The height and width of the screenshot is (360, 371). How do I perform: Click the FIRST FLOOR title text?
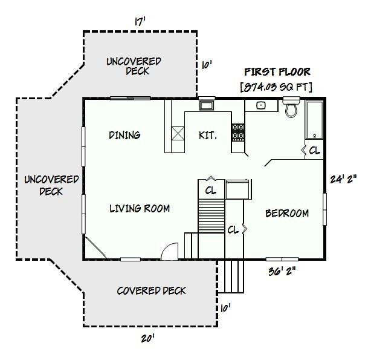277,72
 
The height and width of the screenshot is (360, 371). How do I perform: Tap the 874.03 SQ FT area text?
277,87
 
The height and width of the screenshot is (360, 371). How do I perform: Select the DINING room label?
124,135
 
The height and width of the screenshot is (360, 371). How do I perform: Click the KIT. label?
207,135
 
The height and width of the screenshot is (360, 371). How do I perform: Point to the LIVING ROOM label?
140,209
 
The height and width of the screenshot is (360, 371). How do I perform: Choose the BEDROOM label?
287,214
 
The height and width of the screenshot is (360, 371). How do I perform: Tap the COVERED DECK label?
151,291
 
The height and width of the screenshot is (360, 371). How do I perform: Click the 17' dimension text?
140,22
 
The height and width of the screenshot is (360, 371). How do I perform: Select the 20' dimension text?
147,339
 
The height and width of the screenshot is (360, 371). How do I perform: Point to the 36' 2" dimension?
281,272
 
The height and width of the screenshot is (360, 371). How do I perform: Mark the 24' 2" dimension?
344,179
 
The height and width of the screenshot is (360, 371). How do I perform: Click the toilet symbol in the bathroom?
291,110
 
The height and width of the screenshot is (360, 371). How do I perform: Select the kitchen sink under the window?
207,106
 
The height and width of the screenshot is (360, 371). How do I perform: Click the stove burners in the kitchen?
238,133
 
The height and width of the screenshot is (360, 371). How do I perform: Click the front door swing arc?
170,250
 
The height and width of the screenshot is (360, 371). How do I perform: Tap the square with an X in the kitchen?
179,133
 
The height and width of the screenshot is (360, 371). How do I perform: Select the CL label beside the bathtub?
314,151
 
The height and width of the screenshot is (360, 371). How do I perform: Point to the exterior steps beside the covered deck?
233,276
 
